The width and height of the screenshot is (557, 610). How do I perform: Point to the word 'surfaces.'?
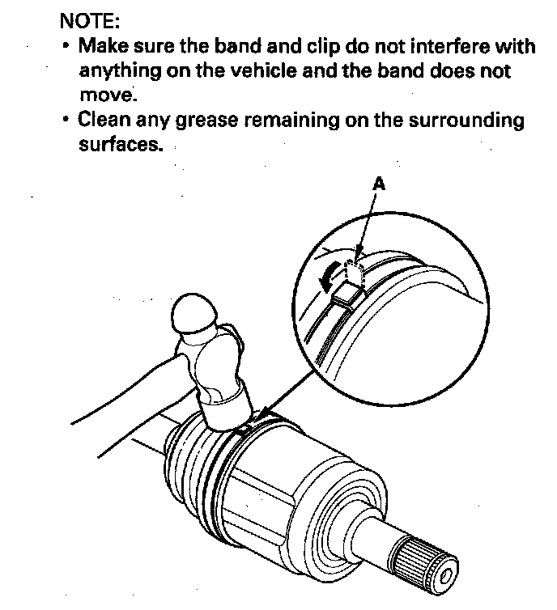tap(115, 146)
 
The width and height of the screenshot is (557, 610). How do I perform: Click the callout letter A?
tap(378, 184)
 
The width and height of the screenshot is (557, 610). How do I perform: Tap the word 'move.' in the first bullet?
tap(106, 95)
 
